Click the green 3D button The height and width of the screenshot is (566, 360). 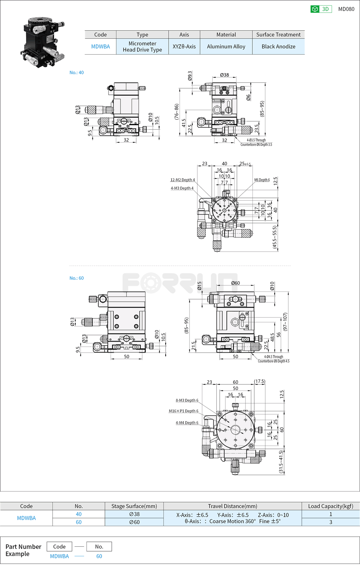(321, 9)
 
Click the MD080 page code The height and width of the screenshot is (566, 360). (346, 9)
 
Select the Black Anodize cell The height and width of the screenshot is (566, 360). (278, 47)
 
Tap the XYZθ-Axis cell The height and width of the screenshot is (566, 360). (184, 47)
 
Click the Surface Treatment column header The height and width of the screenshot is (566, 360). (278, 34)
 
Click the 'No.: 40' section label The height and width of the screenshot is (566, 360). (77, 72)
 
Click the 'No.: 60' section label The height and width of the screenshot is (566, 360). (77, 278)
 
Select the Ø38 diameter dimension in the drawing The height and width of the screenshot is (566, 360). (224, 75)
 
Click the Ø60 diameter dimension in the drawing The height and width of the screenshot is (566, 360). (235, 283)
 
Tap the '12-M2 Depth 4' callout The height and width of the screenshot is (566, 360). (182, 180)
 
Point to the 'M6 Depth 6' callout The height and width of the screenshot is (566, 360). (262, 180)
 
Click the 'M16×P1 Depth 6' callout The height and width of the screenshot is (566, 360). (183, 411)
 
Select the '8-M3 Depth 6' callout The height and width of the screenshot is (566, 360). (187, 400)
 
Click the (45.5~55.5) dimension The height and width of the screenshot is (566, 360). (275, 237)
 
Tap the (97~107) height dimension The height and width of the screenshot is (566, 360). (285, 322)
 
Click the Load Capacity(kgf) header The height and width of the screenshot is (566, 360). (330, 506)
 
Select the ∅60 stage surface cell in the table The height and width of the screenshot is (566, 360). (134, 522)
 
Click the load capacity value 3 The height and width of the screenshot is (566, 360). (330, 522)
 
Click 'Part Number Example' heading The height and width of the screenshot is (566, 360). (23, 550)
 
